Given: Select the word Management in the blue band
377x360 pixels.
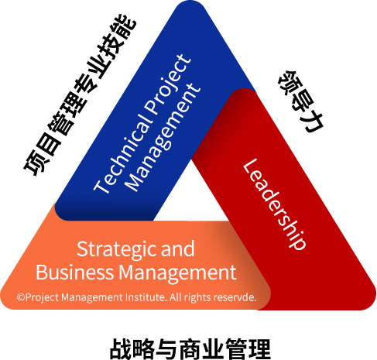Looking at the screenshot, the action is point(163,137).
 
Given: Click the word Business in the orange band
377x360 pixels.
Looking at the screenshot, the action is point(74,273).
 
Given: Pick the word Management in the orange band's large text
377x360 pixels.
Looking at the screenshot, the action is point(177,273).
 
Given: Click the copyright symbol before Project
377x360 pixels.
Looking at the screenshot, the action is point(21,297).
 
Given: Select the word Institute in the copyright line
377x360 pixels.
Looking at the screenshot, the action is point(146,297).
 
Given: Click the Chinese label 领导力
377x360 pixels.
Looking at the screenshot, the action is point(300,101).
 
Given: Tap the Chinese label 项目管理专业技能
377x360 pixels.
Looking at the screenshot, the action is point(81,95).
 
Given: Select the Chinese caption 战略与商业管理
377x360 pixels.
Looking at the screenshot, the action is point(190,349).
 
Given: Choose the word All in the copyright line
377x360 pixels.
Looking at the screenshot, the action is point(176,297).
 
